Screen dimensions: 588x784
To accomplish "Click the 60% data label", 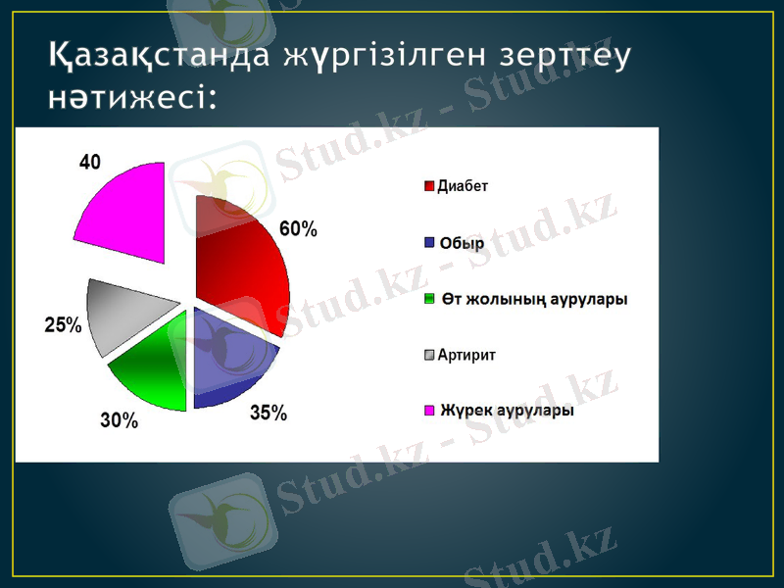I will point(299,229).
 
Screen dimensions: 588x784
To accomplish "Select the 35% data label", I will point(269,414).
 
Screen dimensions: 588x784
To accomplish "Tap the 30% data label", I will point(120,421).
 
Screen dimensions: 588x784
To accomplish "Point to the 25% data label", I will point(64,325).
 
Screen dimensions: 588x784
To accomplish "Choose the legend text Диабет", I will point(463,185).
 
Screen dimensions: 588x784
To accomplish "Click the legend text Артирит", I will point(466,355).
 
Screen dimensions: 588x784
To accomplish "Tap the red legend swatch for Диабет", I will point(429,185).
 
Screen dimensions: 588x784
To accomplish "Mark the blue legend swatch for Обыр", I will point(429,242).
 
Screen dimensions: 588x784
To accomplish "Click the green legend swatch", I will point(429,298).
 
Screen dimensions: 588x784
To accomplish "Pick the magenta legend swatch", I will point(429,411).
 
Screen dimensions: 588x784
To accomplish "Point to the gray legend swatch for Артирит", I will point(429,355).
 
